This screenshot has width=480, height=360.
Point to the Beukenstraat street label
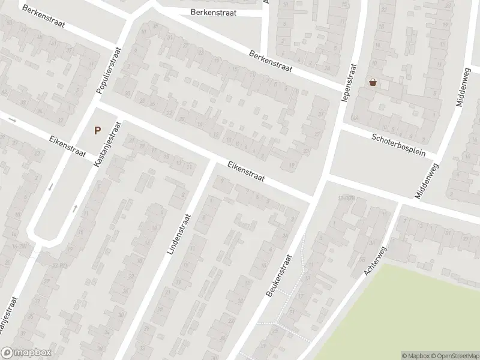click(277, 275)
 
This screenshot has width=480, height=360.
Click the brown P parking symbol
click(97, 130)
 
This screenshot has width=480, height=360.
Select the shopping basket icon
click(373, 82)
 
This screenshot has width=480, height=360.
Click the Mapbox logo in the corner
click(26, 353)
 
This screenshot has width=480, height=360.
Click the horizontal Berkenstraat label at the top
click(213, 12)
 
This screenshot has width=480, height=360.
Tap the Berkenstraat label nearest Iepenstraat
click(271, 61)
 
